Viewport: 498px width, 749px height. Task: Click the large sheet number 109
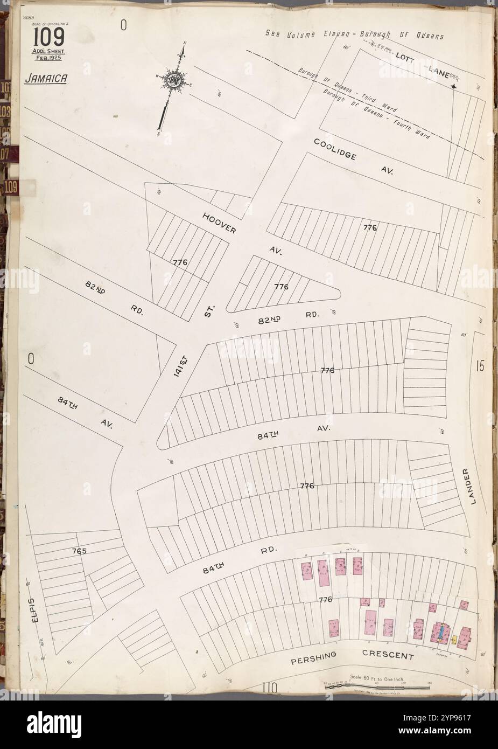(50, 38)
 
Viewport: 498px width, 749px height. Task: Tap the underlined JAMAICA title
(46, 79)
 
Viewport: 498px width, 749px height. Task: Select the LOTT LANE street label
(425, 64)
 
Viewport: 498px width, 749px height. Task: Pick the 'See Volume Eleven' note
(354, 36)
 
